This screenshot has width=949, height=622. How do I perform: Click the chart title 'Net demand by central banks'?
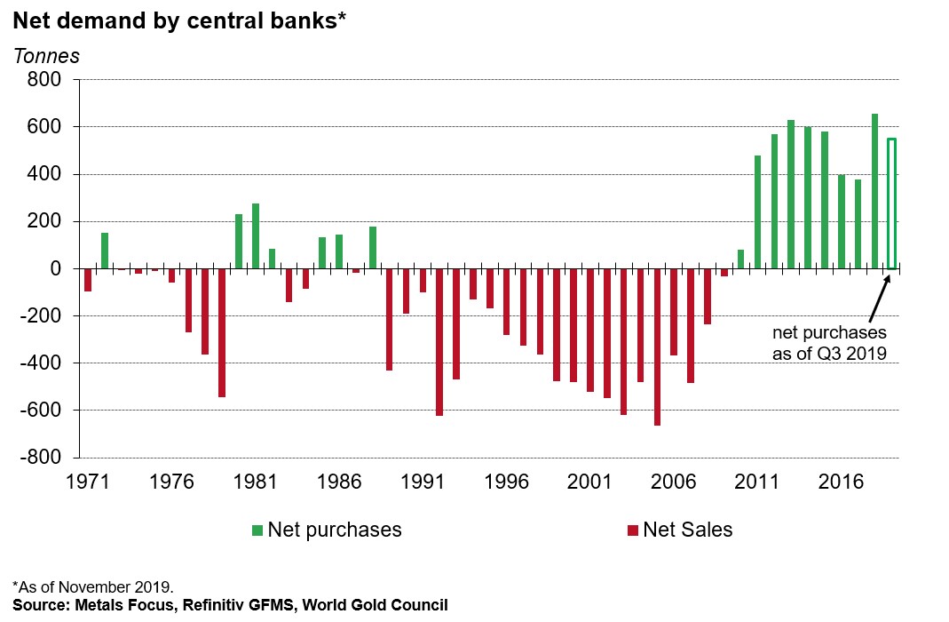[178, 20]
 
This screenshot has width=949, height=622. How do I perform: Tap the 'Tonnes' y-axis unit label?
[46, 56]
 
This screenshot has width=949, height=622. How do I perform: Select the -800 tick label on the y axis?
[40, 457]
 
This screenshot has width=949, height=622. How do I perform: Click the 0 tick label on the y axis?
[55, 268]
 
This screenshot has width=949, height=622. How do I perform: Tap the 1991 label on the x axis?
[423, 482]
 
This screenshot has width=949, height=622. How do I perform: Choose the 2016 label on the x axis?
[841, 482]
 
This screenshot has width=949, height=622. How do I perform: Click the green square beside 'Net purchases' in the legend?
[257, 530]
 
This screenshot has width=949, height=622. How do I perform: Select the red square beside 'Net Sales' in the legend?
[632, 530]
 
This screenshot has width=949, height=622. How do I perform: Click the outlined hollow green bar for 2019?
[891, 203]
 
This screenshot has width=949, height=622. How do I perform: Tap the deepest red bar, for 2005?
[657, 347]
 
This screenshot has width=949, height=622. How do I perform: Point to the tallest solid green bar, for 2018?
[874, 191]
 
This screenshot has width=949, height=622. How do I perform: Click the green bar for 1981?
[256, 236]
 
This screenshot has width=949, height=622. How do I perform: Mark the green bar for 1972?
[105, 251]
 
